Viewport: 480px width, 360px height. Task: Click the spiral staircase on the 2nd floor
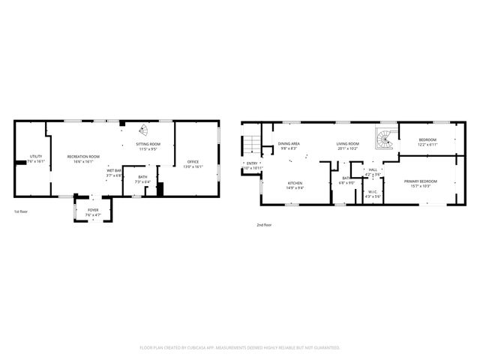click(x=384, y=139)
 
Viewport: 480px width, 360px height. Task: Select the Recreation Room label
click(x=79, y=156)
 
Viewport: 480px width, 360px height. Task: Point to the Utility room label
click(x=35, y=156)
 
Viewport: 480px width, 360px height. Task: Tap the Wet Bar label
click(x=114, y=171)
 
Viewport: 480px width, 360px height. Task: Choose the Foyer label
click(x=93, y=210)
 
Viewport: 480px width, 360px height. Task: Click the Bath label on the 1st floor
click(x=142, y=178)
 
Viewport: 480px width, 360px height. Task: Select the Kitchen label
click(x=295, y=183)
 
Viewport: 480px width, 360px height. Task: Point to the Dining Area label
click(x=289, y=143)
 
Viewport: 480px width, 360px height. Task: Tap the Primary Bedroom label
click(x=420, y=181)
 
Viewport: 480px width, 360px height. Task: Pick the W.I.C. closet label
click(x=373, y=192)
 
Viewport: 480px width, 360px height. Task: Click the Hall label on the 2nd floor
click(x=373, y=169)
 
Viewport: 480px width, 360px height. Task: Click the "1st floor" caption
click(x=22, y=212)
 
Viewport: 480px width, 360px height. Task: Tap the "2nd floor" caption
click(x=264, y=224)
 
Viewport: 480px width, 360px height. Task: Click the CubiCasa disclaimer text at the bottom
click(x=240, y=347)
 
